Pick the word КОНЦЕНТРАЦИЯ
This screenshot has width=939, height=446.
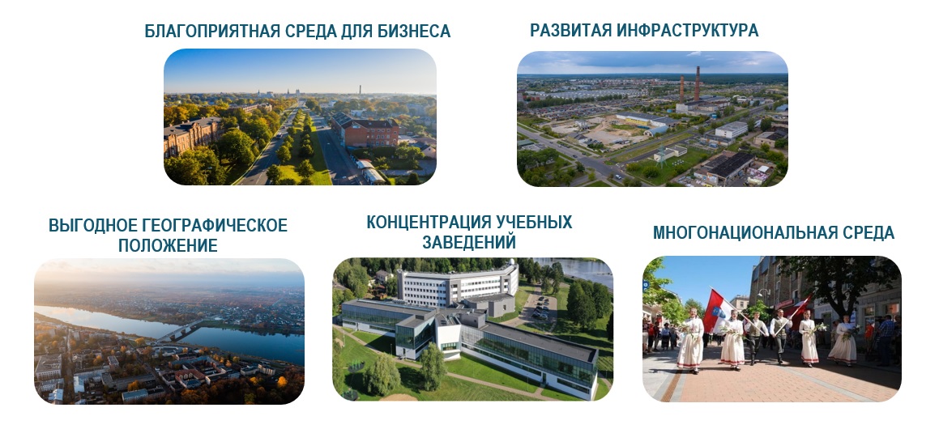(429, 222)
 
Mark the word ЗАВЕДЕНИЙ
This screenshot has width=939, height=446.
(469, 243)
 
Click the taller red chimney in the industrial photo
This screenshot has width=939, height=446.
(697, 83)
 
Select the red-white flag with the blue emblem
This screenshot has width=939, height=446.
(718, 309)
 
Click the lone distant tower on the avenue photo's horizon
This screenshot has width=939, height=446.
(360, 90)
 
